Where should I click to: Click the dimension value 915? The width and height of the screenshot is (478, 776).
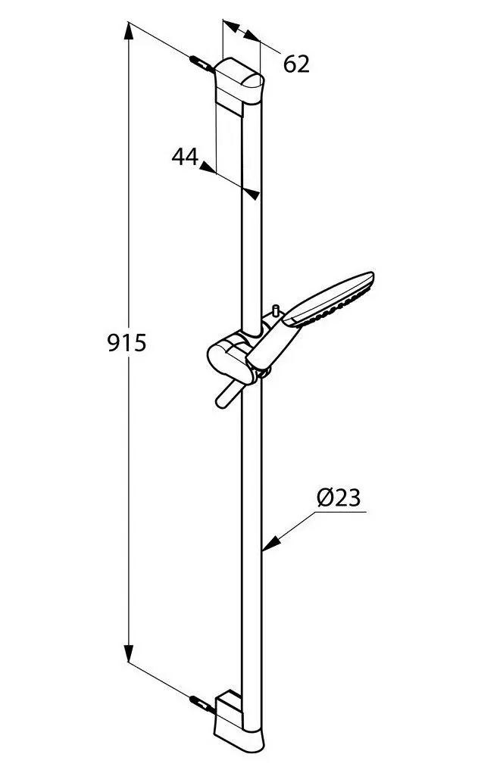point(126,344)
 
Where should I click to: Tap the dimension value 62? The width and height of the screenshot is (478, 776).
point(297,64)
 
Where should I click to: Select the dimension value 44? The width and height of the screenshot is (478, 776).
point(185,157)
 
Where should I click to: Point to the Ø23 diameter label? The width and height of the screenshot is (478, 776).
point(338,498)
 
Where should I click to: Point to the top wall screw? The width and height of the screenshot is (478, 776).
point(202,62)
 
